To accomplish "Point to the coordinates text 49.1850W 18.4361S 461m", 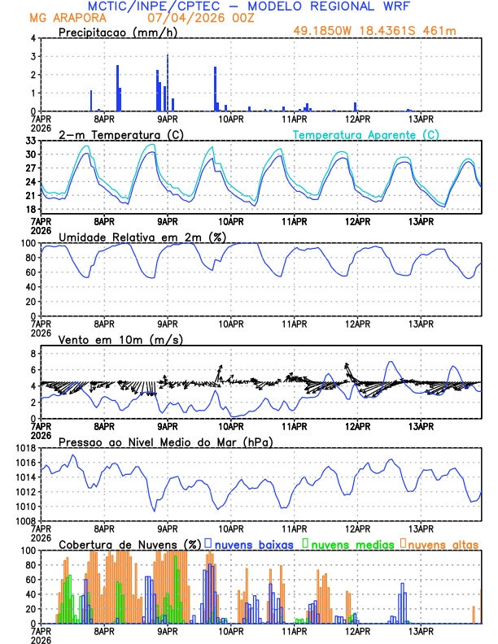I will coord(386,32).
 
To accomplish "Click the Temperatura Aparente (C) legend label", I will coord(366,134).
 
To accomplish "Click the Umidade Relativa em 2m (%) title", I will coord(141,237).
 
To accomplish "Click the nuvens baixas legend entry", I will coord(253,544).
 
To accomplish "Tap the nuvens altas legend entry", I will coord(440,544).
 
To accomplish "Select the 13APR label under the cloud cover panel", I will coord(420,631).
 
